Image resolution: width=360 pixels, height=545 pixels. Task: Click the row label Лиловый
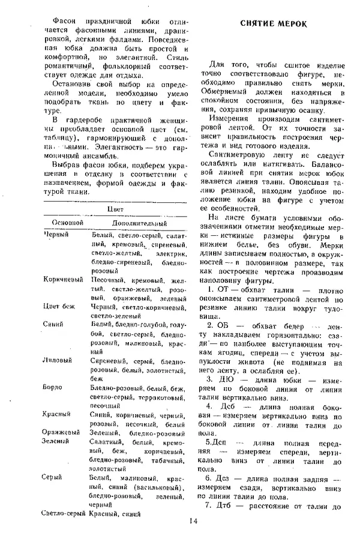tap(58, 360)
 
